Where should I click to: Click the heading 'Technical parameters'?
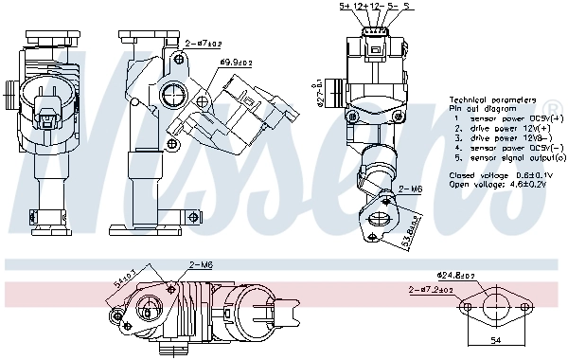495,99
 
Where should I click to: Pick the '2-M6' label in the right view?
411,189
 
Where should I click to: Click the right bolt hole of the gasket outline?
523,307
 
